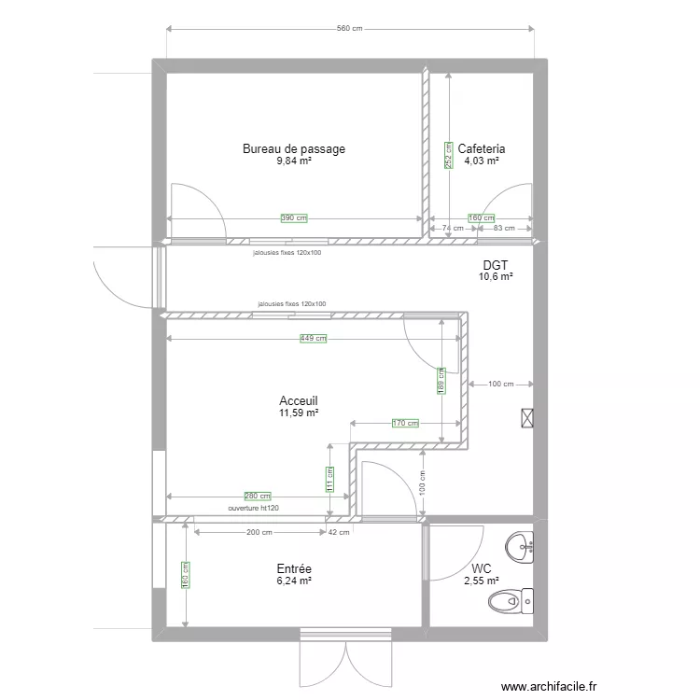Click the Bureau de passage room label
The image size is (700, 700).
coord(294,148)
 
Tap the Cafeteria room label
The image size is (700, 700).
coord(482,148)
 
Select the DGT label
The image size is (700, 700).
coord(496,265)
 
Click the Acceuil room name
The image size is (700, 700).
coord(299,399)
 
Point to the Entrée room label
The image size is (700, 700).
coord(294,568)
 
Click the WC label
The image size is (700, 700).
coord(482,568)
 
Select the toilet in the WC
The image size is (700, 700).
coord(513,602)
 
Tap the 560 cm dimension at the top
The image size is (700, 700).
coord(349,29)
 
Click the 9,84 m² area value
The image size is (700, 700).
coord(294,161)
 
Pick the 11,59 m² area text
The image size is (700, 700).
coord(299,413)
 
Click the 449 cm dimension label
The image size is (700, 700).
coord(313,339)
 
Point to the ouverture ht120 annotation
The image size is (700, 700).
coord(254,509)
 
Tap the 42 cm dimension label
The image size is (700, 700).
coord(339,533)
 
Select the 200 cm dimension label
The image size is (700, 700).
coord(259,533)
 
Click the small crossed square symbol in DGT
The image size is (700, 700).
coord(527,418)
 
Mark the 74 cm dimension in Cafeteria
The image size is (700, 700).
coord(453,229)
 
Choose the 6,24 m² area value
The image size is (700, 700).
coord(294,581)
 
